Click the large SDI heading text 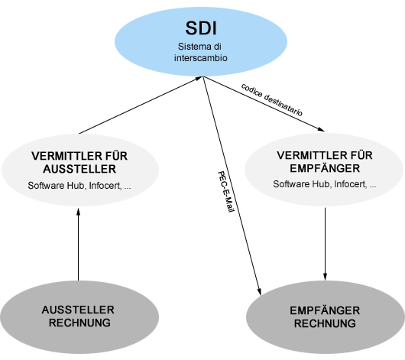click(x=202, y=29)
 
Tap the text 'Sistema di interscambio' click(x=202, y=52)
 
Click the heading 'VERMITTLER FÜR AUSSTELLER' click(x=78, y=162)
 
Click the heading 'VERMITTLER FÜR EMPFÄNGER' click(x=325, y=162)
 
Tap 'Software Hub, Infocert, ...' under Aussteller click(x=78, y=186)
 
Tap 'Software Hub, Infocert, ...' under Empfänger click(x=325, y=185)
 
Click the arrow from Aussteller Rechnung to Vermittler click(x=78, y=245)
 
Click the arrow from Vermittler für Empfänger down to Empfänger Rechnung click(x=327, y=241)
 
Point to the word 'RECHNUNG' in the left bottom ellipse click(x=78, y=323)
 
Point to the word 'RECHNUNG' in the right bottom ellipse click(x=325, y=324)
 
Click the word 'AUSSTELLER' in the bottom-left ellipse click(x=78, y=310)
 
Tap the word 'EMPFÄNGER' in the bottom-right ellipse click(x=325, y=311)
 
